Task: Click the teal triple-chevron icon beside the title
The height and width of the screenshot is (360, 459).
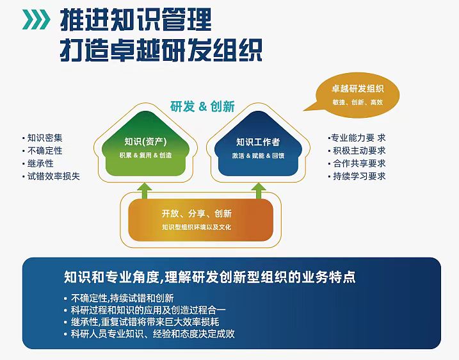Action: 36,19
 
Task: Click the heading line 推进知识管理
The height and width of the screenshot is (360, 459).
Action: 136,20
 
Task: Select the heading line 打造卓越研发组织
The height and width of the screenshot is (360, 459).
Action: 161,49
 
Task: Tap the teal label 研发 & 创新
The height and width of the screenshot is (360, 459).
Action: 202,106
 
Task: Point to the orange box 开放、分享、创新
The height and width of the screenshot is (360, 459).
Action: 201,220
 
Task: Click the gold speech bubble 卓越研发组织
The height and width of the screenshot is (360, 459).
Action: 353,95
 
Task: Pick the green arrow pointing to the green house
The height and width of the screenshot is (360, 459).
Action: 145,191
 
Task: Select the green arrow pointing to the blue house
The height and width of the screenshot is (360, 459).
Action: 259,191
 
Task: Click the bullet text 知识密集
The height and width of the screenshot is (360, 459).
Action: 45,138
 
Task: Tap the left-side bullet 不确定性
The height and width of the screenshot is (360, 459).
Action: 45,151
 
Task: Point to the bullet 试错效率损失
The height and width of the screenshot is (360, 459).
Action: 54,176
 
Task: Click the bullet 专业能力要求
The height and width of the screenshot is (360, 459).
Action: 358,138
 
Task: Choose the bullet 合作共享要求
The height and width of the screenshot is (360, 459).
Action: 359,163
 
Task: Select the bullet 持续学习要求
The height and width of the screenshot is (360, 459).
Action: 359,176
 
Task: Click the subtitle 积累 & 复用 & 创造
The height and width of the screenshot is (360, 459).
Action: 145,155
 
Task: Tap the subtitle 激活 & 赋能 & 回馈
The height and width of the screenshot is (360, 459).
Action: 258,156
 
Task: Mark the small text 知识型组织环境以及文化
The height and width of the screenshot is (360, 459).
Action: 197,227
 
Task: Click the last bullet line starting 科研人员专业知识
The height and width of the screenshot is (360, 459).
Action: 153,334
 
